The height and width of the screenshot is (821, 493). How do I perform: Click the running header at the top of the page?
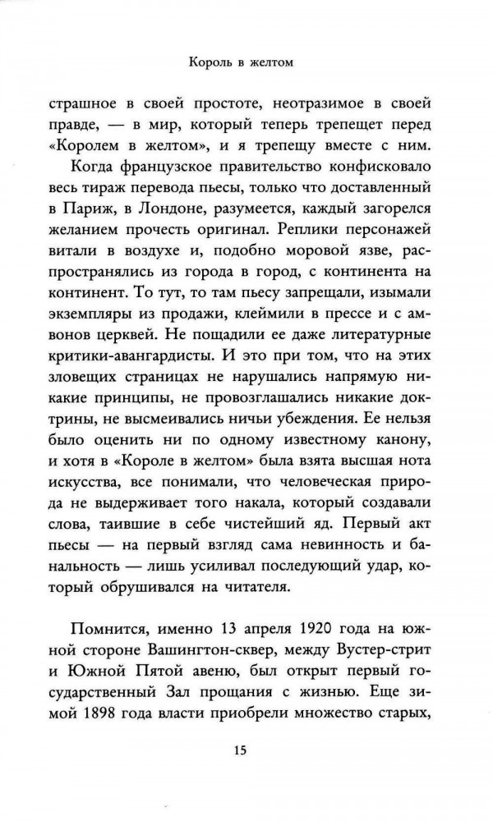click(246, 62)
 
